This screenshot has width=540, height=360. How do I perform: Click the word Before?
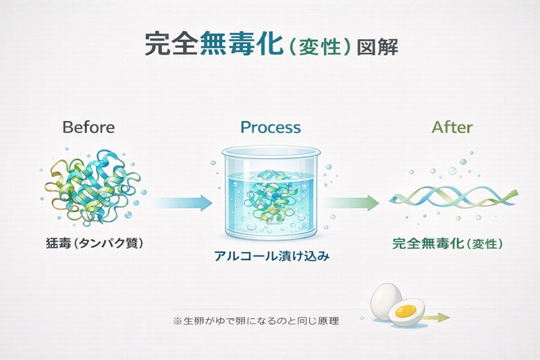(88, 127)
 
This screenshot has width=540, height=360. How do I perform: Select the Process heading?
(271, 127)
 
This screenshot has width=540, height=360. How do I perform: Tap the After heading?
(452, 127)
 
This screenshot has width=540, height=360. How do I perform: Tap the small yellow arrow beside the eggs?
(437, 315)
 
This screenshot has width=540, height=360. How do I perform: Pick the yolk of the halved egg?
(406, 312)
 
